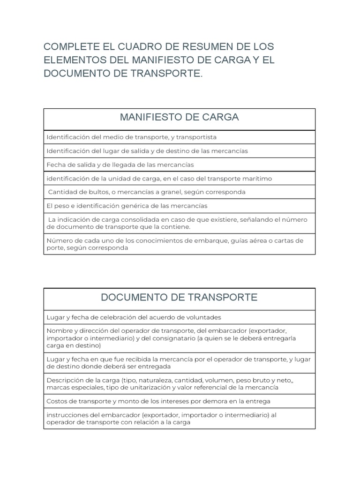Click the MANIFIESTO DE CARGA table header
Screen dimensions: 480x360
179,118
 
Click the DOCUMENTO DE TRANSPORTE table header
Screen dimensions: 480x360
179,297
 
